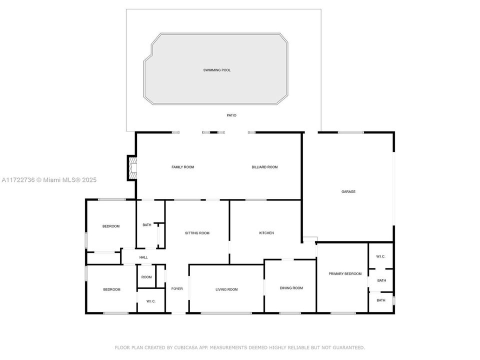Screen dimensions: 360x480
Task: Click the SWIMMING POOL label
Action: pos(217,70)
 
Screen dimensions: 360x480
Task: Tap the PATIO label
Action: pos(231,115)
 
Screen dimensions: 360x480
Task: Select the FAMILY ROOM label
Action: pos(182,167)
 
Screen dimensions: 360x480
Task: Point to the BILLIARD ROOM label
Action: pos(264,167)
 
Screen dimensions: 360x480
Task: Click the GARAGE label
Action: pos(348,191)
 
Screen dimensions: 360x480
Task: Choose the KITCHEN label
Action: pos(266,233)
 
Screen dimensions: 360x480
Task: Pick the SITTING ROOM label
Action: pos(197,233)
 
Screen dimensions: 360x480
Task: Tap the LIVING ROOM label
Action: pos(226,289)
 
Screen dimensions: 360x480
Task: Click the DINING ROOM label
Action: pos(291,288)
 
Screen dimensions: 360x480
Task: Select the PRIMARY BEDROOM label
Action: pos(345,273)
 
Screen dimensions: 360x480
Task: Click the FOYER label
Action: pos(177,289)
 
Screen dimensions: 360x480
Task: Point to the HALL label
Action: pos(143,257)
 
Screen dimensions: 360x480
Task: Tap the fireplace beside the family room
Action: pos(132,167)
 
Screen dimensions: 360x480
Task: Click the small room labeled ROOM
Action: pos(146,277)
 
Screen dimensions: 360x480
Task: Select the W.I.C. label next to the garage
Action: pos(381,256)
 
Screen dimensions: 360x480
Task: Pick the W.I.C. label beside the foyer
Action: pos(151,301)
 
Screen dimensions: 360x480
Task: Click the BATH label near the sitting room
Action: pos(146,225)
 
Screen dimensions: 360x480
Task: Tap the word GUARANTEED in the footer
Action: pos(347,347)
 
